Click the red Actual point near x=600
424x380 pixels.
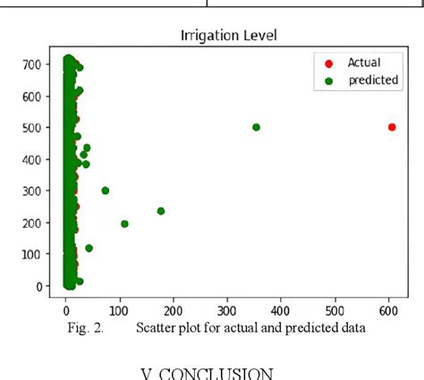392,127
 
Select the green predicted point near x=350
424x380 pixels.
256,127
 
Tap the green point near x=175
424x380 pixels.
161,211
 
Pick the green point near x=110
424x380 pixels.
124,224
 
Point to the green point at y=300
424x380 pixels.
106,190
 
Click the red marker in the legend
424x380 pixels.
327,63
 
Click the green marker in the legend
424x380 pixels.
327,80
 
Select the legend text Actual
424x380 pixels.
364,63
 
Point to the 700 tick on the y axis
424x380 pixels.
37,64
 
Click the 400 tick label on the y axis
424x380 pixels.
37,159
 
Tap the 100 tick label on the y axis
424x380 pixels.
37,255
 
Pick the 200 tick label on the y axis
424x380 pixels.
37,223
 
